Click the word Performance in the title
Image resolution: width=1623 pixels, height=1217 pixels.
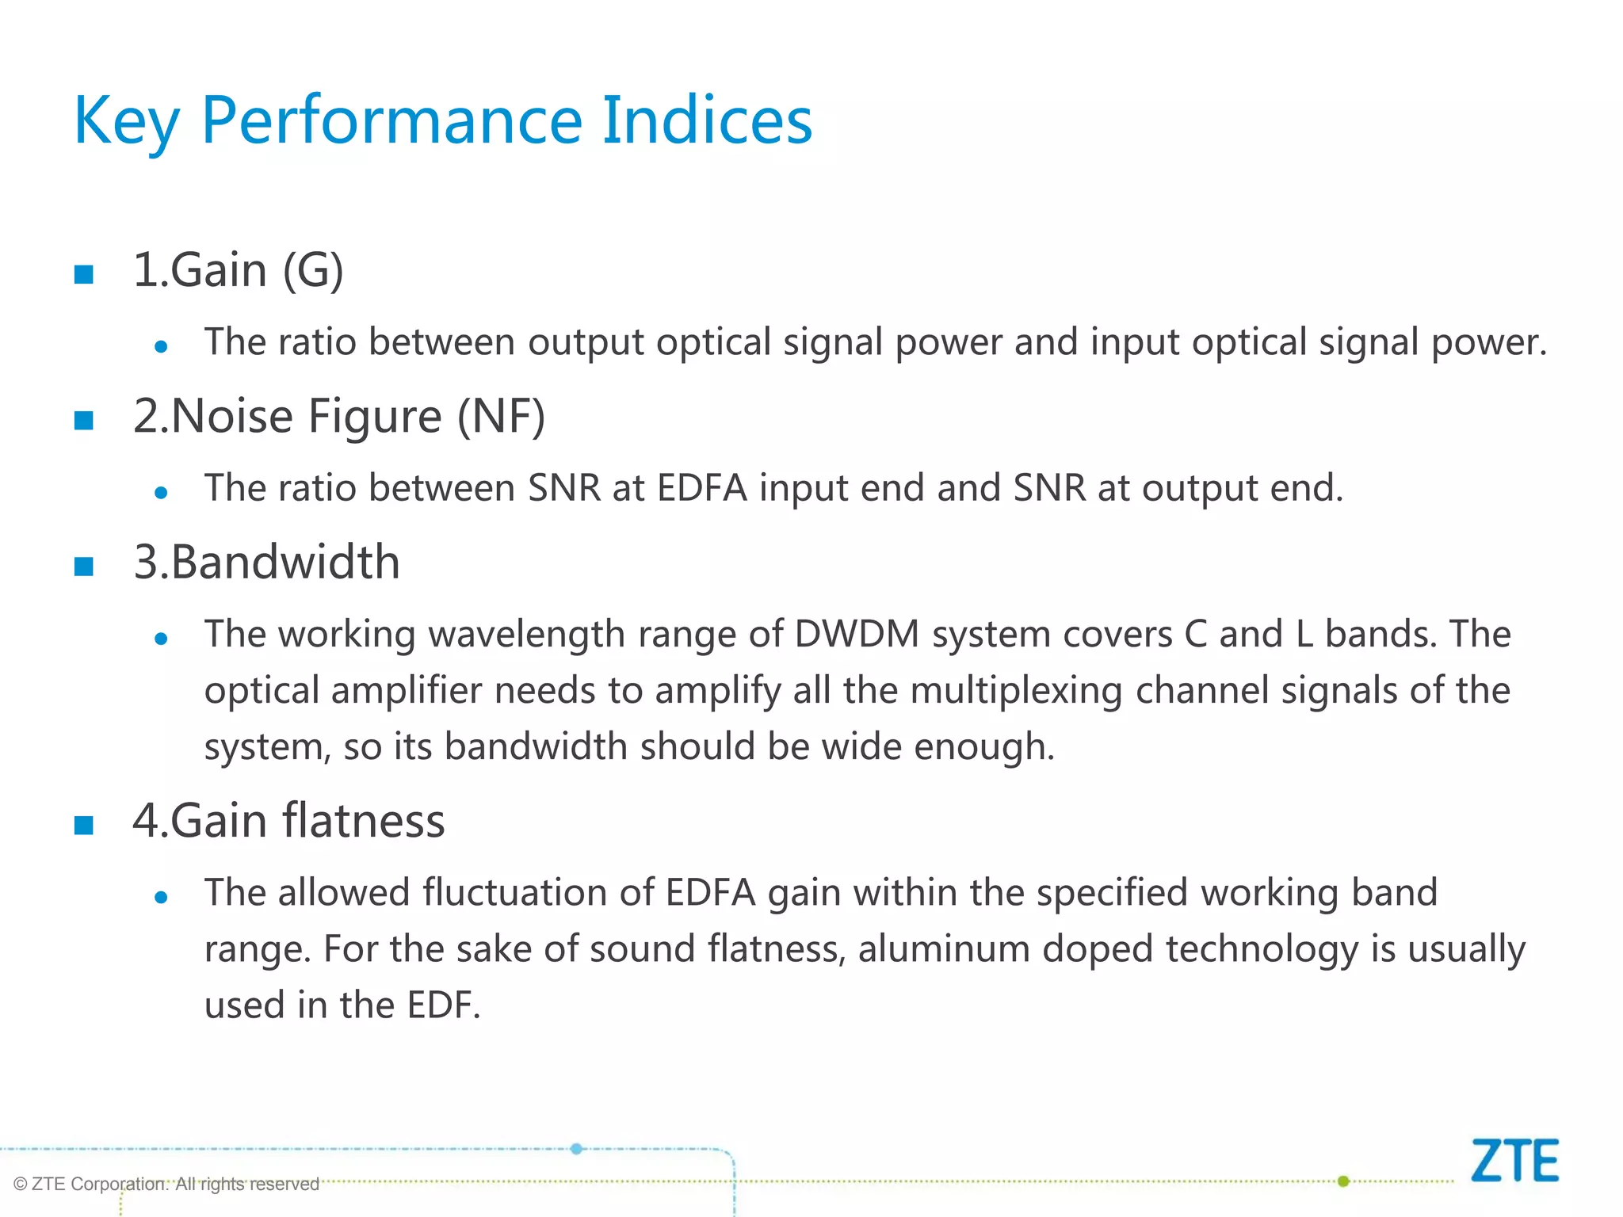[392, 120]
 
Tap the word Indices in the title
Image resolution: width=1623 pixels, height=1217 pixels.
[707, 120]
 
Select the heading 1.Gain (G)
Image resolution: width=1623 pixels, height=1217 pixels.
[238, 270]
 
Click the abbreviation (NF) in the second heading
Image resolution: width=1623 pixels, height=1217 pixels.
[501, 416]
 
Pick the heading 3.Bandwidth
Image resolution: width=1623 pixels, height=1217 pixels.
[266, 562]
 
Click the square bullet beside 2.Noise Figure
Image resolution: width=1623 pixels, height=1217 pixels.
[84, 420]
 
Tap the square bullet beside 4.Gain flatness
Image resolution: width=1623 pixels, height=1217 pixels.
[84, 825]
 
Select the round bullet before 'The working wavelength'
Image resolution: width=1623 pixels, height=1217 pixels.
[162, 639]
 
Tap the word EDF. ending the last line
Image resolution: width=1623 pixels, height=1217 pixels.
[443, 1005]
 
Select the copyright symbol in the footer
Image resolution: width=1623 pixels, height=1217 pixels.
[21, 1185]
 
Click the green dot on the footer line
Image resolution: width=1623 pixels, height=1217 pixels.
[1343, 1181]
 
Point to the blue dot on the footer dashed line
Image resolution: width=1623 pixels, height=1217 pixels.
[577, 1149]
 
